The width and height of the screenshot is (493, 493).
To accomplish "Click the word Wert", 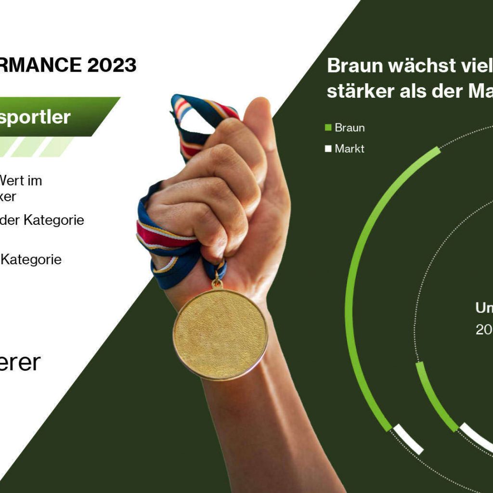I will click(x=21, y=181).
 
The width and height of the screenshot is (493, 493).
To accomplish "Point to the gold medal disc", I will click(x=220, y=334).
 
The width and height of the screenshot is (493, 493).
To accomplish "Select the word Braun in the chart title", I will click(x=354, y=65).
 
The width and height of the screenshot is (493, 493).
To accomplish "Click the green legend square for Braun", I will click(x=328, y=128).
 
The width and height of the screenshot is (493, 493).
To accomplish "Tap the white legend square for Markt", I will click(x=328, y=149).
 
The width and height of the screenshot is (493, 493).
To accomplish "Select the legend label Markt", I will click(x=350, y=149).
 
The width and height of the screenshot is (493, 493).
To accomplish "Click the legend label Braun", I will click(x=350, y=128).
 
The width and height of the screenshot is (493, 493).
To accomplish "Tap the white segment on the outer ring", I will click(x=408, y=439).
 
